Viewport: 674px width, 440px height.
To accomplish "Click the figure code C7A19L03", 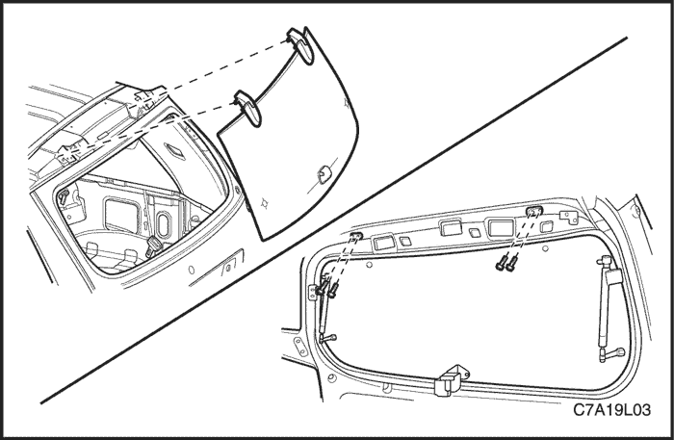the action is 611,410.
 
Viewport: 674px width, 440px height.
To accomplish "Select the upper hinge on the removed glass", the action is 300,45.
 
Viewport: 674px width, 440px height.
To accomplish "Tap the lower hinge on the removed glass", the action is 248,108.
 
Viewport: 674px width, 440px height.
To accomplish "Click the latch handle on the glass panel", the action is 324,174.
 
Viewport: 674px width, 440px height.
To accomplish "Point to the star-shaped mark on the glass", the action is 265,202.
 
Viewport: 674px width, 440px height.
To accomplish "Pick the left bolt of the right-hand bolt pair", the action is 501,263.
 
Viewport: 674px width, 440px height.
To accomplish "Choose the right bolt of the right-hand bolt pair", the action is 511,263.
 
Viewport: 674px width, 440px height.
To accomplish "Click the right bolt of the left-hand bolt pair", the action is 332,290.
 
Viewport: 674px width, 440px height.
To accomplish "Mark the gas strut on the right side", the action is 609,300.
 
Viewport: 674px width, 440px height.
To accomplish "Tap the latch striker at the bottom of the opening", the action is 448,380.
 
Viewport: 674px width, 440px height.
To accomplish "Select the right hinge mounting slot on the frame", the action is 534,211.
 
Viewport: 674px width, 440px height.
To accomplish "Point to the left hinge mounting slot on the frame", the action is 356,236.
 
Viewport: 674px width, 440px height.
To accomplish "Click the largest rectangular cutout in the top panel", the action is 502,227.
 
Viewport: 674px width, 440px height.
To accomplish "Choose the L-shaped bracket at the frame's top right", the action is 570,217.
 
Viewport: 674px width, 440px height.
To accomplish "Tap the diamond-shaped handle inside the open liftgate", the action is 174,152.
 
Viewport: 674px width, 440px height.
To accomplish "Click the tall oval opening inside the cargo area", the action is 164,225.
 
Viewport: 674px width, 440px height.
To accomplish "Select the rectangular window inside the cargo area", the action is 122,216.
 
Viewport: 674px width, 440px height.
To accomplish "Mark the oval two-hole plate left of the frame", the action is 299,347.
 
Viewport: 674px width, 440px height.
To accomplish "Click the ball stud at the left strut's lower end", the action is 329,339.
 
